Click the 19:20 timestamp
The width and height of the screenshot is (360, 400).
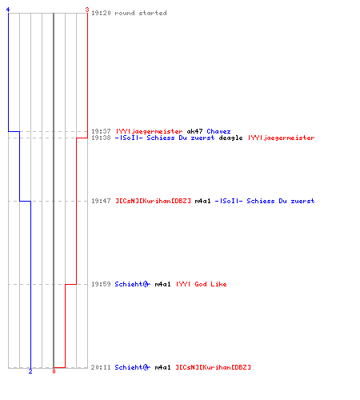coord(101,13)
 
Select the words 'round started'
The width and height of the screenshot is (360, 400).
coord(141,13)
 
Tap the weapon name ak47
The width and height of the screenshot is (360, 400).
coord(194,131)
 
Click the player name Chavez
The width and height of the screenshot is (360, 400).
coord(218,131)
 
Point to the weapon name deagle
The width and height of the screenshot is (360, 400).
coord(230,138)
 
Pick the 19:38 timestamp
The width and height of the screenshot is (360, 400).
coord(101,138)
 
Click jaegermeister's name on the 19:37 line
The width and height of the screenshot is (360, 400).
coord(149,131)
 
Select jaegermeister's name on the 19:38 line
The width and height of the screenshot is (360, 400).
coord(282,138)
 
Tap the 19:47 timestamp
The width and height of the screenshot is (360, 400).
coord(101,201)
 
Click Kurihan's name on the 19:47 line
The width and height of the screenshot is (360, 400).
coord(153,201)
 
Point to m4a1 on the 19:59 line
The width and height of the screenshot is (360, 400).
coord(162,284)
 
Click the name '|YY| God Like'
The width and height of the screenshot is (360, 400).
coord(202,284)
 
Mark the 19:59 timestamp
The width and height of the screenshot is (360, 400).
coord(101,284)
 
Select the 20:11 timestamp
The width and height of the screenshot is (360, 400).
coord(101,367)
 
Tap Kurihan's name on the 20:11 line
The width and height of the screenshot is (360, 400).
coord(213,367)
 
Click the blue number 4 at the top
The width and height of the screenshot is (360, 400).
coord(8,10)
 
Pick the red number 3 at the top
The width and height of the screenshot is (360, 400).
coord(87,10)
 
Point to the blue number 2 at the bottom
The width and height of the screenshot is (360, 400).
coord(30,371)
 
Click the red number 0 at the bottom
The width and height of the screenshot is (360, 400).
coord(54,371)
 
